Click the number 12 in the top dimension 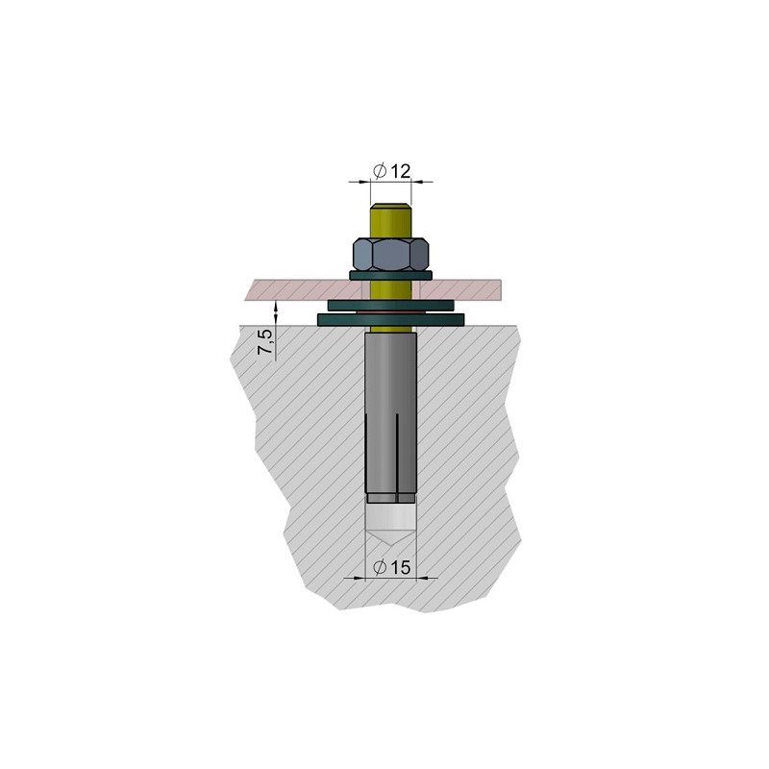[401, 170]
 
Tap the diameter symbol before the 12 [380, 170]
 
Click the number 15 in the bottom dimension [401, 568]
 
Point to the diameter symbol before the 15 [380, 568]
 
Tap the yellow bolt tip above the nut [391, 219]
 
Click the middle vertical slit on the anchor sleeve [391, 452]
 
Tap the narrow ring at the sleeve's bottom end [391, 498]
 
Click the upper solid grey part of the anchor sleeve [391, 375]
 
